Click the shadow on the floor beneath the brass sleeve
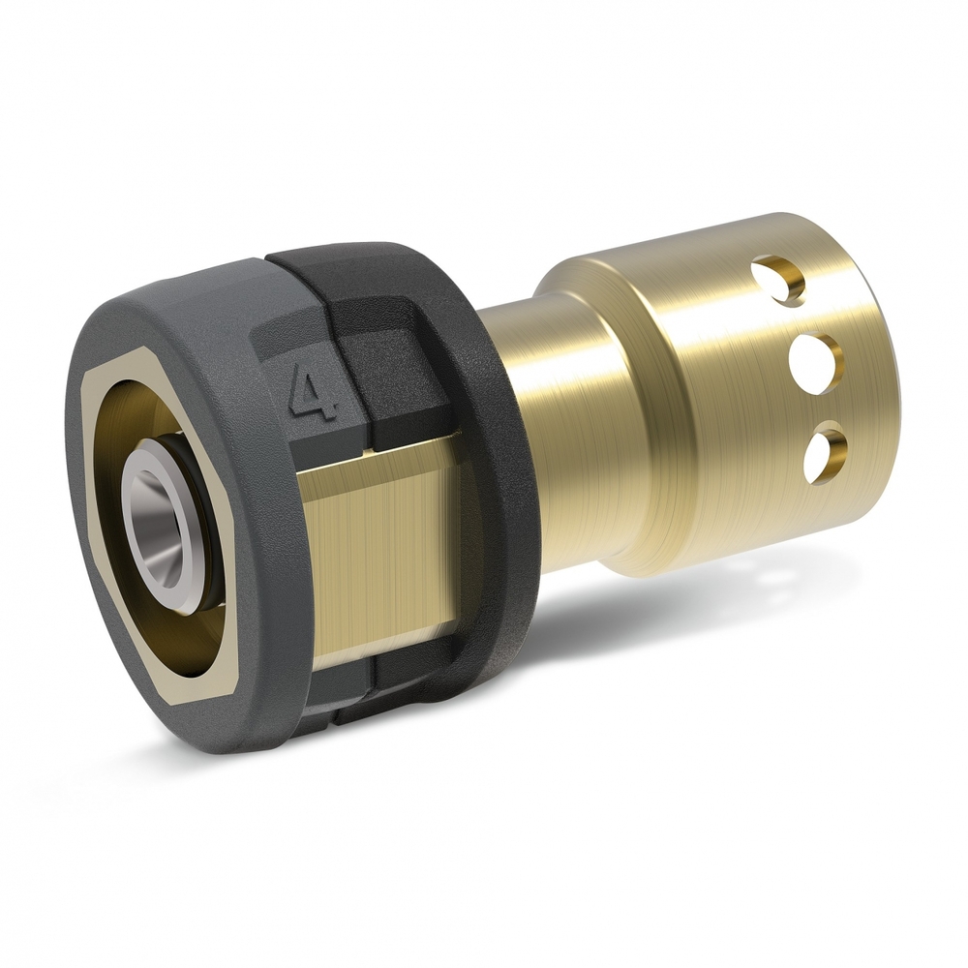coord(678,620)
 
